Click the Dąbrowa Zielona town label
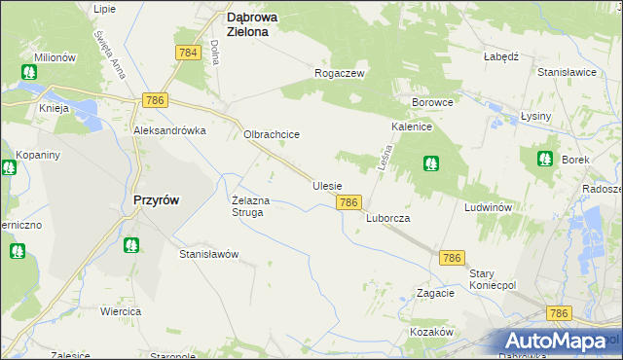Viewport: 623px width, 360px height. [261, 23]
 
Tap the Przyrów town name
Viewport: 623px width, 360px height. [155, 199]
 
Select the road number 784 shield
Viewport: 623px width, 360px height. [189, 53]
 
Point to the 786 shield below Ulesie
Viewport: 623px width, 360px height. [350, 202]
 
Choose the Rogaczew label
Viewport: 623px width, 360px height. [339, 73]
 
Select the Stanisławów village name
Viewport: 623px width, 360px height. [209, 254]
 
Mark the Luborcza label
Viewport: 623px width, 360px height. [388, 219]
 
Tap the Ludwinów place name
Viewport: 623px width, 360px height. [489, 208]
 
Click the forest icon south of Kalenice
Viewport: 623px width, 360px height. [429, 163]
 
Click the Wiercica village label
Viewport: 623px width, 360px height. [121, 311]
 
